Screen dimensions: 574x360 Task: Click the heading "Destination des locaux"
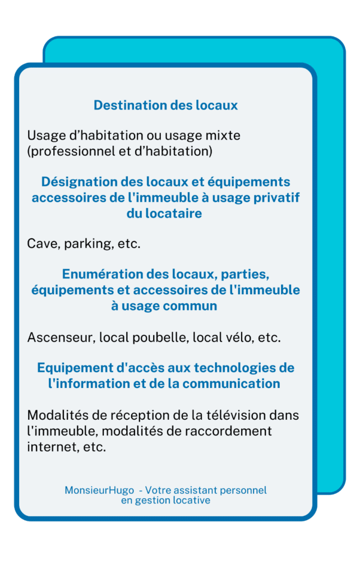click(x=165, y=105)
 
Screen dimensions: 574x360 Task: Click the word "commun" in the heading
click(x=190, y=306)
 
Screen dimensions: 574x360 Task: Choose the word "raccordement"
click(x=223, y=432)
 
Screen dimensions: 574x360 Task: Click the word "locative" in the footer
click(x=191, y=501)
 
